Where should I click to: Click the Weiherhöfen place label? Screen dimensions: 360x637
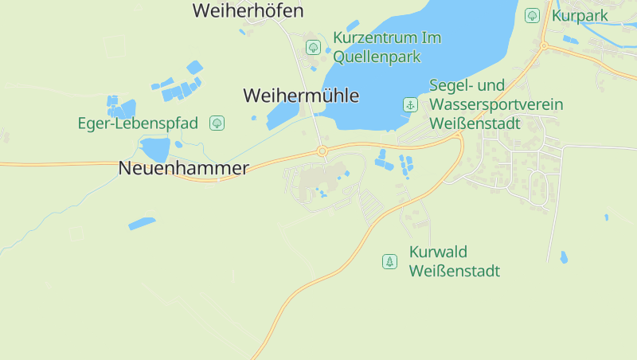click(x=248, y=10)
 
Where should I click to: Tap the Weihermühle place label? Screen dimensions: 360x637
click(x=300, y=96)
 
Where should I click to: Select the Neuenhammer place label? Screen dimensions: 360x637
click(x=183, y=168)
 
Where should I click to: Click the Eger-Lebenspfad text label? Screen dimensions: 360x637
click(x=138, y=123)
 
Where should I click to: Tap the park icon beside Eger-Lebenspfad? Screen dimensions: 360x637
click(x=217, y=123)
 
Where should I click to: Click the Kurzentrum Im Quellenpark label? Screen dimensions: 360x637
click(x=387, y=47)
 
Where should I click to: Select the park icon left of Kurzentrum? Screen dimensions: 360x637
click(x=313, y=47)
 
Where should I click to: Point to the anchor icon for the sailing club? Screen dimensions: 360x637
click(x=409, y=104)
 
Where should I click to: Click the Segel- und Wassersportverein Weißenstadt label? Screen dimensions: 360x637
click(x=496, y=104)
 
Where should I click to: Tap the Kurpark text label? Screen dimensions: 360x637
click(x=580, y=15)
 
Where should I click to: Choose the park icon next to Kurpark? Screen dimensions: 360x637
click(x=532, y=15)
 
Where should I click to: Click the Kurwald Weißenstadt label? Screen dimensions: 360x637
click(x=454, y=261)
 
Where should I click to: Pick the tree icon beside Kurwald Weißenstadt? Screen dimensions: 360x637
click(x=389, y=261)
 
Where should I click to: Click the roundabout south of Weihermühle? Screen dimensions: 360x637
click(x=322, y=151)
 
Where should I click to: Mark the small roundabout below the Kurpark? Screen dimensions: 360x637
click(x=544, y=46)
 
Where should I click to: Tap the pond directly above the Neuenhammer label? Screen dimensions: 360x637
click(x=155, y=148)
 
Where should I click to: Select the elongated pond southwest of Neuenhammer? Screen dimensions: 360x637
click(x=142, y=223)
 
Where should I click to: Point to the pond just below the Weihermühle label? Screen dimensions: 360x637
click(x=283, y=116)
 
